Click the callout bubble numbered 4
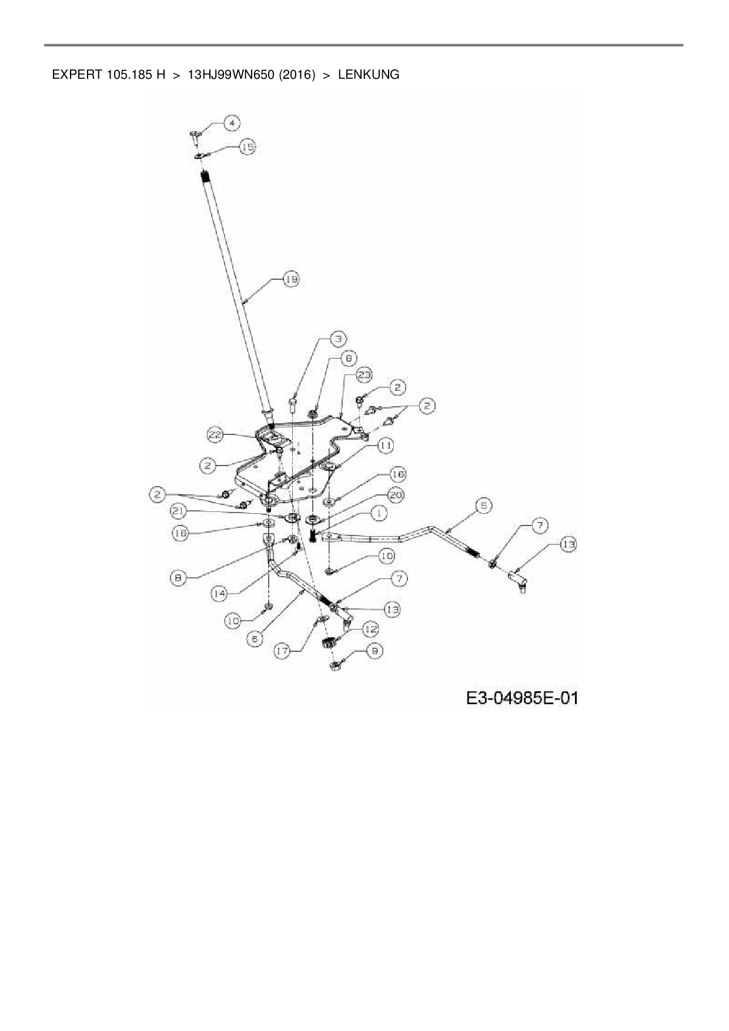233,123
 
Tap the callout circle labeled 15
248,147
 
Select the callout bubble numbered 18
291,280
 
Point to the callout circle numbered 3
338,339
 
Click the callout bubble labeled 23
364,374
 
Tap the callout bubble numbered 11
386,446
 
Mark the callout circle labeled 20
396,495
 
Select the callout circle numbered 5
484,505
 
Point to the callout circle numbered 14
219,594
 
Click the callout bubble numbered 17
283,651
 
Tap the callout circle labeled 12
370,630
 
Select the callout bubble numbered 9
374,650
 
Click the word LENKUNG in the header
368,75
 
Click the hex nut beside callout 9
334,665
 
